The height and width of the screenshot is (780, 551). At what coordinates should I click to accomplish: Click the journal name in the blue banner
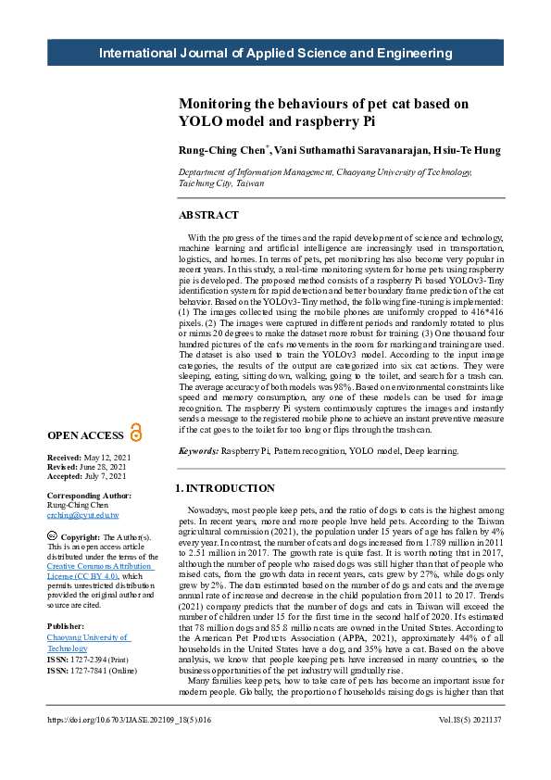tap(276, 53)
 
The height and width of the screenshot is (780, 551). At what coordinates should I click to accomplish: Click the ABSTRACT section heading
tap(208, 215)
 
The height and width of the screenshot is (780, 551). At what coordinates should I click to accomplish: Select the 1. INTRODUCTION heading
tap(225, 488)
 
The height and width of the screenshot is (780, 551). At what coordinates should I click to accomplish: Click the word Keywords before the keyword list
tap(198, 450)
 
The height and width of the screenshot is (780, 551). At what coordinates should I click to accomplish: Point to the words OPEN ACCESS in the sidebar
tap(85, 435)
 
